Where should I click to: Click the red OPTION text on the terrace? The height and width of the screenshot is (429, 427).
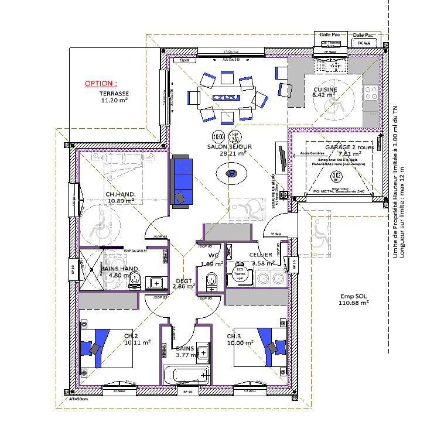click(x=100, y=84)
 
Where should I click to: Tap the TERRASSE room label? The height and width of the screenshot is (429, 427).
click(x=114, y=94)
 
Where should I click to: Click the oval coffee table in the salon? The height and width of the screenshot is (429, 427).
click(x=232, y=173)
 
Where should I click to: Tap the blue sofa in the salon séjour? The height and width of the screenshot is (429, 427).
click(x=181, y=181)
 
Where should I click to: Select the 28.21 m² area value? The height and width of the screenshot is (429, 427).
click(x=233, y=153)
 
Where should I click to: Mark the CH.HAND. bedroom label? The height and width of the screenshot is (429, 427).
click(x=121, y=194)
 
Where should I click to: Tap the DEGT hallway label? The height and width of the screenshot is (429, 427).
click(x=184, y=281)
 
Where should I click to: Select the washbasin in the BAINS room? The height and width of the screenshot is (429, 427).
click(x=203, y=353)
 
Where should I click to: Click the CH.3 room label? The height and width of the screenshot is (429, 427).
click(x=234, y=336)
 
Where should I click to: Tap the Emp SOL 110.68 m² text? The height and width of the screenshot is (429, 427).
click(x=354, y=300)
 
